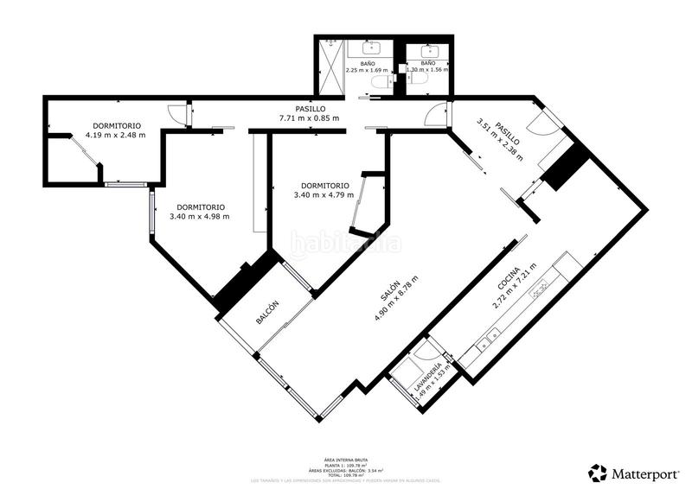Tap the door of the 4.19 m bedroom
point(176,113)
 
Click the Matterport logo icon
point(598,473)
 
